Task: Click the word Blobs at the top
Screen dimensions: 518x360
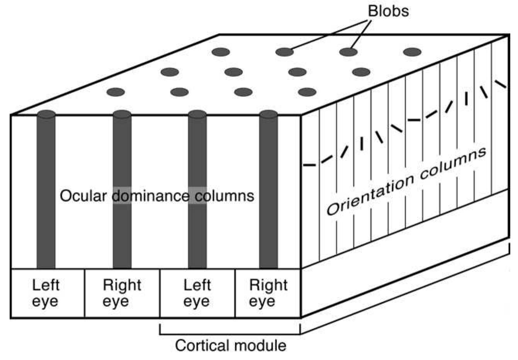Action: pyautogui.click(x=388, y=11)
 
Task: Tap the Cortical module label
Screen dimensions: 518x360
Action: pyautogui.click(x=231, y=346)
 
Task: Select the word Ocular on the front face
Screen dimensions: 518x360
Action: pyautogui.click(x=83, y=196)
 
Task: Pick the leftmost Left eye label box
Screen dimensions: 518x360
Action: pyautogui.click(x=48, y=293)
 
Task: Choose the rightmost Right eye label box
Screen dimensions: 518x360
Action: pyautogui.click(x=268, y=293)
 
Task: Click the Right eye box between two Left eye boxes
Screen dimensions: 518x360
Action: pyautogui.click(x=122, y=293)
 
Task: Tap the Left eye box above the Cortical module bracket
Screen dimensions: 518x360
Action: pyautogui.click(x=197, y=293)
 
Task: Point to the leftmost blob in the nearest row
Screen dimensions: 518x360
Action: pyautogui.click(x=115, y=92)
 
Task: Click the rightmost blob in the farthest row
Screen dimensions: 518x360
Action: pyautogui.click(x=412, y=52)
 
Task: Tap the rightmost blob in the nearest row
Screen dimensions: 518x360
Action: pyautogui.click(x=307, y=92)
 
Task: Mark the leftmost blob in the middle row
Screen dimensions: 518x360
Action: pyautogui.click(x=170, y=72)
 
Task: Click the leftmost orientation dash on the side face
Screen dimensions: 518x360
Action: pyautogui.click(x=309, y=165)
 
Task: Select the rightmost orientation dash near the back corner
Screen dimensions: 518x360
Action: pyautogui.click(x=501, y=84)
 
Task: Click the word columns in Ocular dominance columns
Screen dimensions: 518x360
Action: pyautogui.click(x=224, y=196)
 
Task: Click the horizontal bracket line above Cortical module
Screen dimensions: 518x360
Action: pyautogui.click(x=230, y=335)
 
